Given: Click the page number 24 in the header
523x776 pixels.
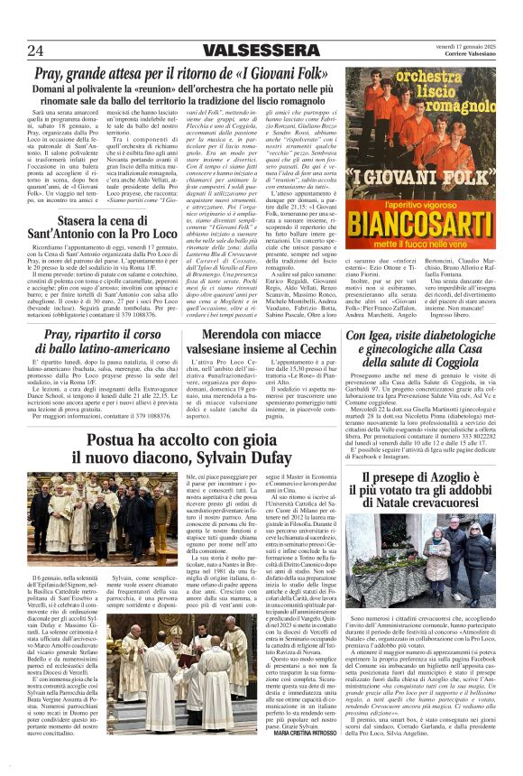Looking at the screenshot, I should pyautogui.click(x=35, y=50).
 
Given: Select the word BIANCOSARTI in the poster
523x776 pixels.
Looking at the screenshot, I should pyautogui.click(x=419, y=220).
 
